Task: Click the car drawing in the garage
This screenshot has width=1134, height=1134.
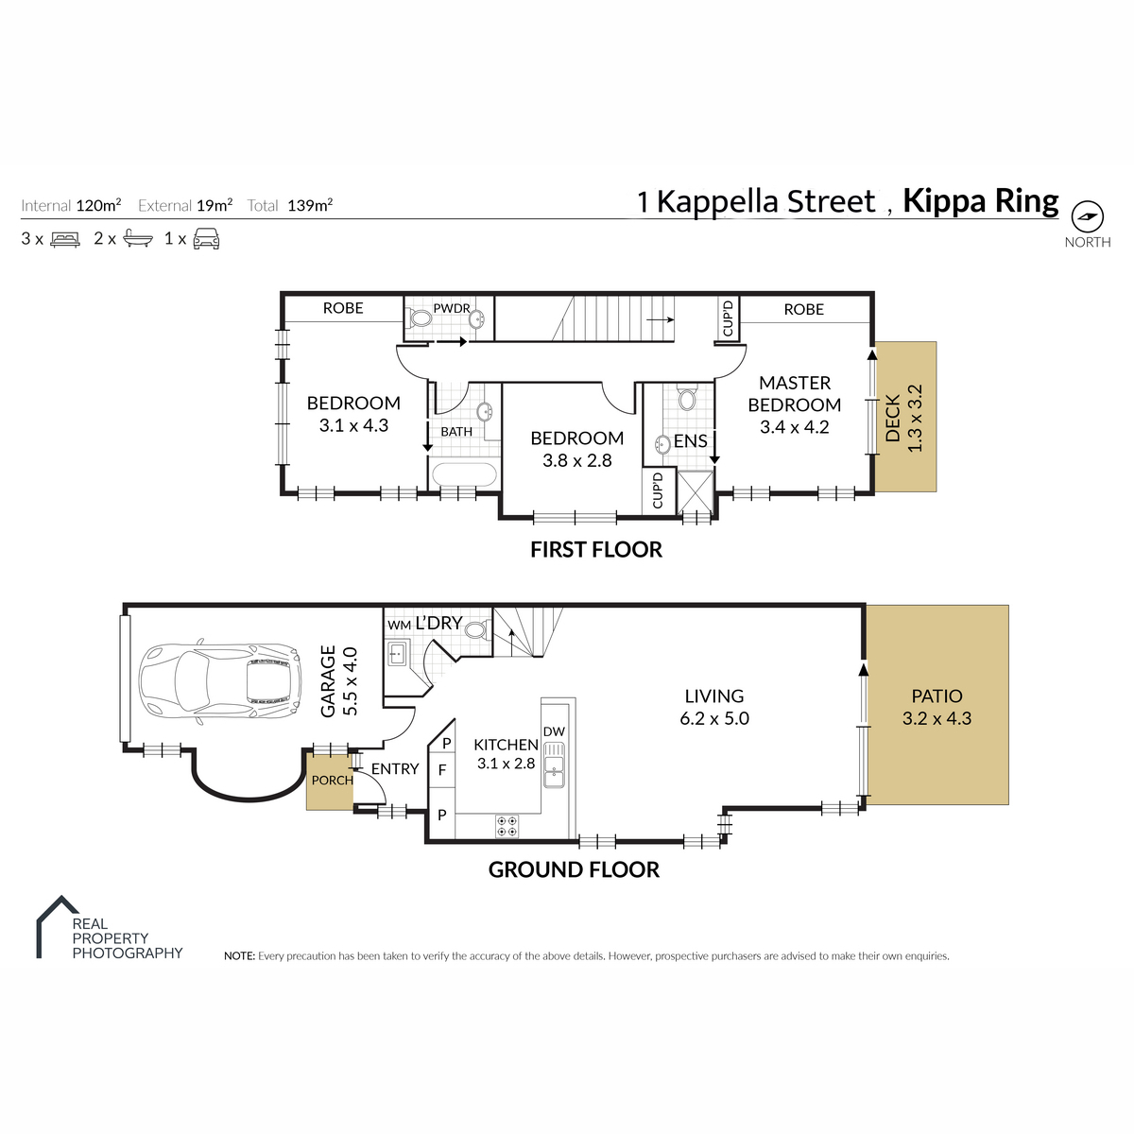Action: (x=221, y=680)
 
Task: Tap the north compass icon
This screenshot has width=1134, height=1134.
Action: (x=1087, y=216)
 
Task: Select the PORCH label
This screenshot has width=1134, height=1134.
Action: (x=333, y=781)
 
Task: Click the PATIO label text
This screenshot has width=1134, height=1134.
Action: (x=936, y=696)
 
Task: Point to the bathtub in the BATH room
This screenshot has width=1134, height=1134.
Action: (x=464, y=474)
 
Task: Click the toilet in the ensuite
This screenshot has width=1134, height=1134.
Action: (x=686, y=397)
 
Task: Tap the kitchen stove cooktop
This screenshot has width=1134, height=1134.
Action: (x=507, y=826)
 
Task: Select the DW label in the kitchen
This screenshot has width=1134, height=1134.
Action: (x=554, y=731)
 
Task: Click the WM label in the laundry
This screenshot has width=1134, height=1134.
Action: (x=399, y=625)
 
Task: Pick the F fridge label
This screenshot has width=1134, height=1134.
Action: (x=442, y=770)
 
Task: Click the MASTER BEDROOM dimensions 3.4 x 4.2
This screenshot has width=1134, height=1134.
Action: (x=795, y=427)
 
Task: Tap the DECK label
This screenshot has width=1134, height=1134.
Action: (x=893, y=419)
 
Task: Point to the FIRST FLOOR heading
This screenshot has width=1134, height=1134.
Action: (x=596, y=550)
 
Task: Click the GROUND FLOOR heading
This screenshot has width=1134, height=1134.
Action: (x=574, y=869)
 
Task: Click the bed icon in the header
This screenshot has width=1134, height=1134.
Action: (x=65, y=239)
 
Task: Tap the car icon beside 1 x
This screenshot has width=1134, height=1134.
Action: (x=207, y=239)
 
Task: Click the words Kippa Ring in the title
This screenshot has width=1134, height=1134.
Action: (x=980, y=201)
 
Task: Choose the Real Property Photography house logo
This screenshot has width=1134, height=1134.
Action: (x=57, y=927)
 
